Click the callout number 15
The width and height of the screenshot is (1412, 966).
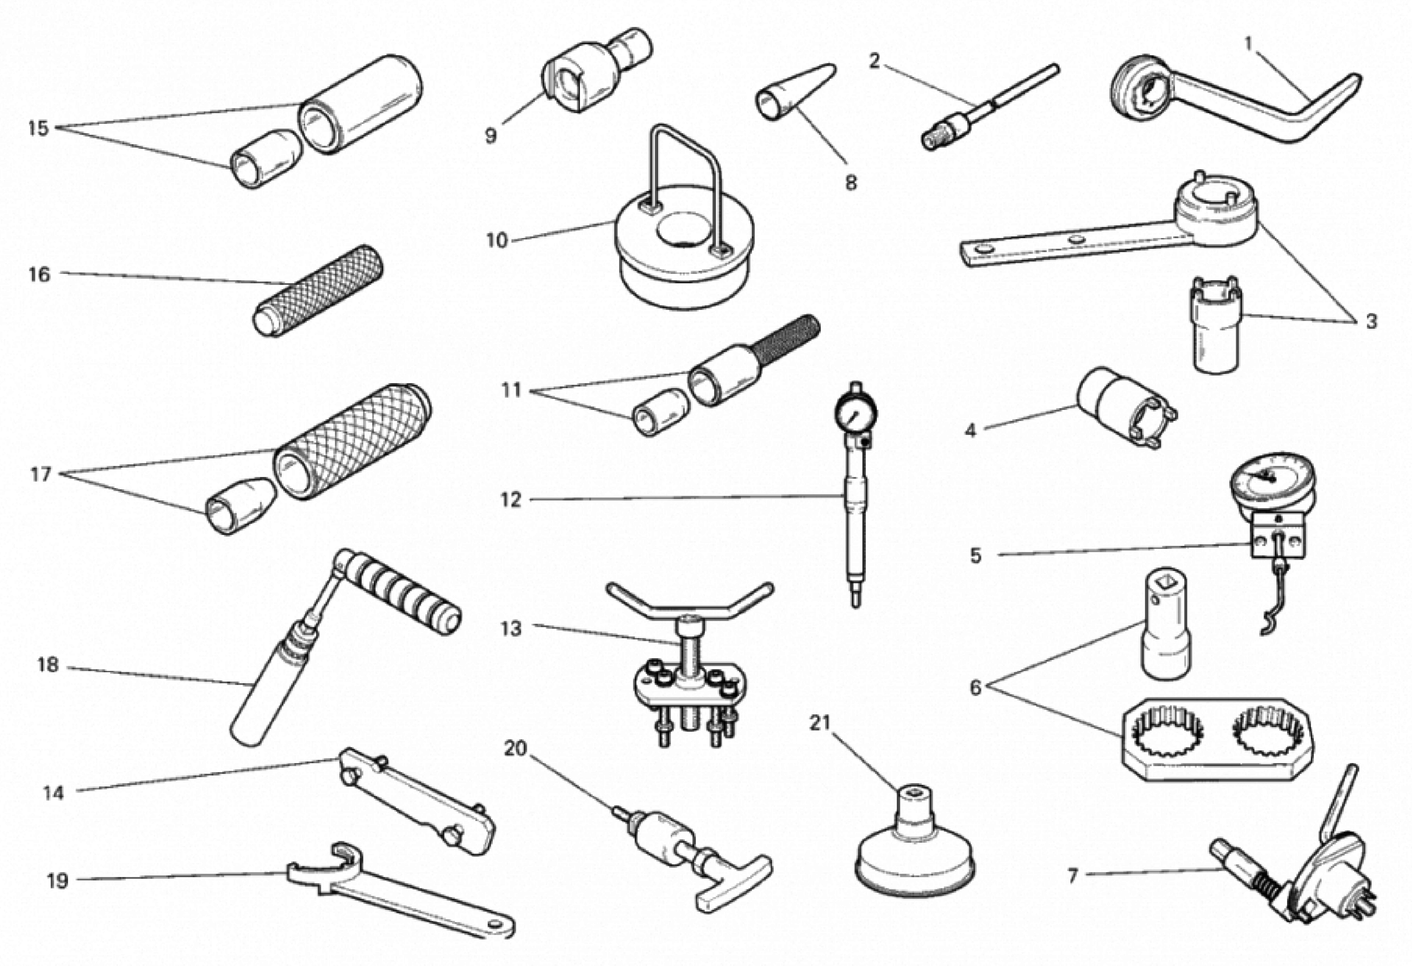click(x=38, y=128)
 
